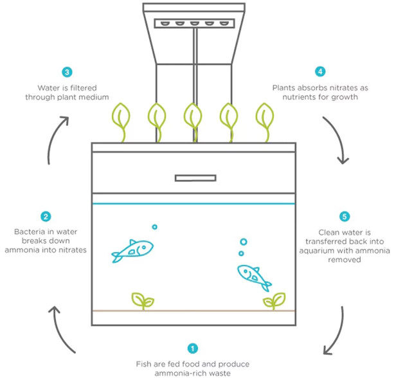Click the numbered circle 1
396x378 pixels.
pos(192,348)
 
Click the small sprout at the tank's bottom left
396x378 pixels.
pos(142,300)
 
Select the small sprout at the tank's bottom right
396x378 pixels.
pos(274,300)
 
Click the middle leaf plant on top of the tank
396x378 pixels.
pos(192,119)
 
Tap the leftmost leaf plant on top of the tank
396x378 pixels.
pos(120,119)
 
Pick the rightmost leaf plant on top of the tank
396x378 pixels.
pos(264,119)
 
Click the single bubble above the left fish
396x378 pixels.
pos(154,226)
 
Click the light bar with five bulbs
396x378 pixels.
pos(192,23)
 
